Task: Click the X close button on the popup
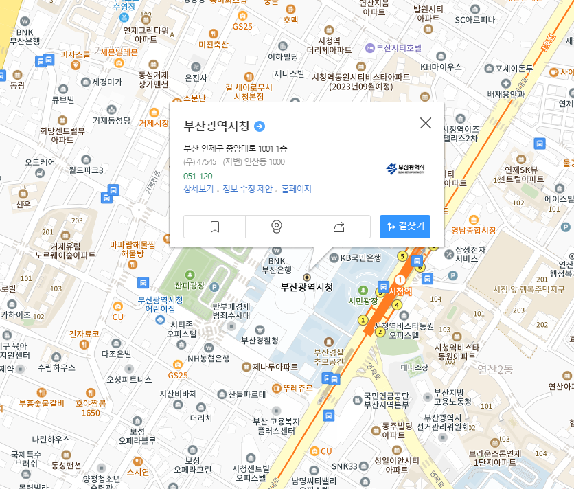426,123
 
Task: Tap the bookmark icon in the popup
214,227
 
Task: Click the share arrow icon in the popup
339,227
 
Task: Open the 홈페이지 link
297,189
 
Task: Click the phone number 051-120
198,176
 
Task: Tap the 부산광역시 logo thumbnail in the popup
405,168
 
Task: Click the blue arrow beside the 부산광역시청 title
260,126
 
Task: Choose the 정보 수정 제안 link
247,189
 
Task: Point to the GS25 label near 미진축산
242,27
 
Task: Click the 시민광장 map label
364,301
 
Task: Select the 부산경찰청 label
260,340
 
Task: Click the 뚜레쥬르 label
297,388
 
